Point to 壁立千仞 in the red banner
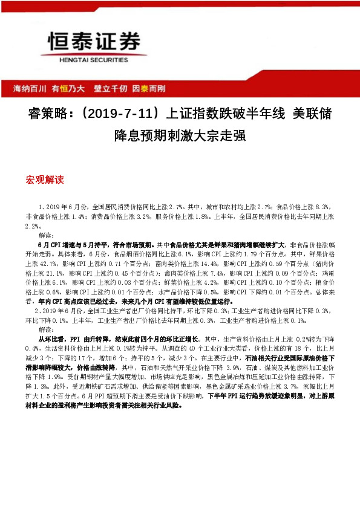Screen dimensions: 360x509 (x=110, y=88)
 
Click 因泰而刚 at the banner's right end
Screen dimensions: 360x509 (x=148, y=88)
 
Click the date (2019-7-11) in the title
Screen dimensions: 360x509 (x=120, y=113)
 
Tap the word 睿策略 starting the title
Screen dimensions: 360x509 (x=50, y=113)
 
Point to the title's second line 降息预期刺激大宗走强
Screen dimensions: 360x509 (x=180, y=136)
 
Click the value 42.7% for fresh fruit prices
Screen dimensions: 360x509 (x=63, y=264)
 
